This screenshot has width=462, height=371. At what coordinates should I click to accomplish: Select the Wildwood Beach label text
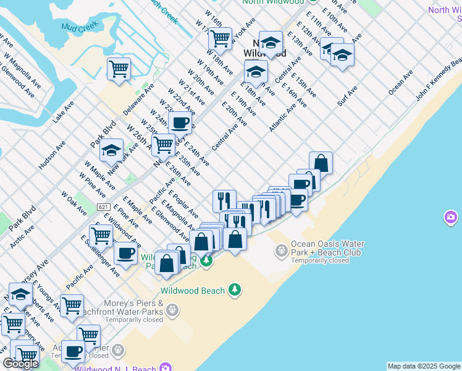[193, 290]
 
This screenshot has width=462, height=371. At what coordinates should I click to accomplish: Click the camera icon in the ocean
[450, 218]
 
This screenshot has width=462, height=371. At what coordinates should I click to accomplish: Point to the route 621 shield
[103, 207]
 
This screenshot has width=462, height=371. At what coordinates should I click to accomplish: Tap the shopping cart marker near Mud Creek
[119, 69]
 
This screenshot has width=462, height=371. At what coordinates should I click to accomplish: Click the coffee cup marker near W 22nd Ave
[180, 122]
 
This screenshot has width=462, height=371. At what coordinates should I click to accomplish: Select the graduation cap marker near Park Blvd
[111, 150]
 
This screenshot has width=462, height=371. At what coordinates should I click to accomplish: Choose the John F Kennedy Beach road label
[439, 80]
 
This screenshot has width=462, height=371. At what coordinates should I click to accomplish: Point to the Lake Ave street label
[64, 111]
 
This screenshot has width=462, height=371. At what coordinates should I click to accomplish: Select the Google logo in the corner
[21, 364]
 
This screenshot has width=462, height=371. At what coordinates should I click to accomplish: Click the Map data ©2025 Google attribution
[424, 366]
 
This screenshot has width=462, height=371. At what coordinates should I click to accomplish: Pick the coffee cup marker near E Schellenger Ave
[125, 253]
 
